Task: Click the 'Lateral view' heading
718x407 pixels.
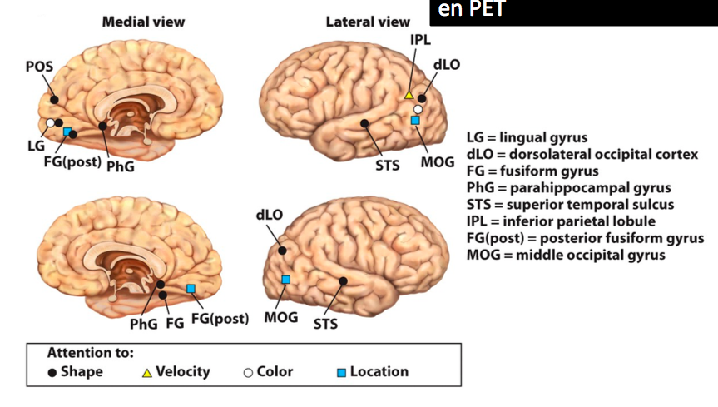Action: [x=367, y=22]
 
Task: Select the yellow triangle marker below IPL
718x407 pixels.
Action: [x=409, y=95]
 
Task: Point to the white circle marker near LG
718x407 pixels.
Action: [x=50, y=123]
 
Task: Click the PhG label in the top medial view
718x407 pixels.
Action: [x=120, y=166]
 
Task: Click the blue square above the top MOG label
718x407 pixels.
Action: [x=415, y=121]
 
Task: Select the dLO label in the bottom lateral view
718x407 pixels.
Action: [x=270, y=215]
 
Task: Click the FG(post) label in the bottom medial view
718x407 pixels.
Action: [x=220, y=319]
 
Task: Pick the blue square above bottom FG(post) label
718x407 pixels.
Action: [x=191, y=288]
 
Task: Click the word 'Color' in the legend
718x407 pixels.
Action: [x=275, y=371]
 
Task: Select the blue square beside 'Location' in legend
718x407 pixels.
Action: [x=340, y=372]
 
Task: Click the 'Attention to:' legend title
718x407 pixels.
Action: [x=90, y=352]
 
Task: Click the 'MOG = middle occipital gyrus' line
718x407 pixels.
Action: [x=566, y=255]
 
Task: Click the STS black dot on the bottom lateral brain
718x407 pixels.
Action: [x=343, y=281]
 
